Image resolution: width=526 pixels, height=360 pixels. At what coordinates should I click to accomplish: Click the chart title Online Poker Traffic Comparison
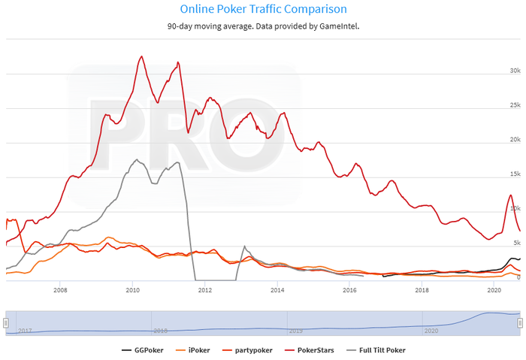264,10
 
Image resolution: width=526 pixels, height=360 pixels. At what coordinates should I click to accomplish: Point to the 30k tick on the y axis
515,71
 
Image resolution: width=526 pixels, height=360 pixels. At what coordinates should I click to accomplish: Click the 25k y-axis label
515,105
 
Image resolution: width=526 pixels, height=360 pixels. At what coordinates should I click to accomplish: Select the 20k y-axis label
515,140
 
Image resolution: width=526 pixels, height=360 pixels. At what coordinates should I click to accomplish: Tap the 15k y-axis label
515,174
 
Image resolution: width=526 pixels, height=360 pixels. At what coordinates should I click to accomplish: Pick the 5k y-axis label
516,244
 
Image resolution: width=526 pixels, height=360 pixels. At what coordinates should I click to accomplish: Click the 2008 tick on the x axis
60,289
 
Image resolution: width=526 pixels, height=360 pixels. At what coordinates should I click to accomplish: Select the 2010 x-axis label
132,289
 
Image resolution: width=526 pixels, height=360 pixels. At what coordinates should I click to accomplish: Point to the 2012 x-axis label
205,289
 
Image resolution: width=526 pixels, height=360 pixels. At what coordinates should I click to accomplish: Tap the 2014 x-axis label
277,289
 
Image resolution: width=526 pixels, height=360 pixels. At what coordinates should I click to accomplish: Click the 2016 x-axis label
350,289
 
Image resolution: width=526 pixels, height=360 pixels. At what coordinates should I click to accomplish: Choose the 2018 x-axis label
422,289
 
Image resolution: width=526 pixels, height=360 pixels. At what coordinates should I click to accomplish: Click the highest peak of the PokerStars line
142,56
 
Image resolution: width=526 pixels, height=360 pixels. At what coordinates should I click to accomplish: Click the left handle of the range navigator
6,322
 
